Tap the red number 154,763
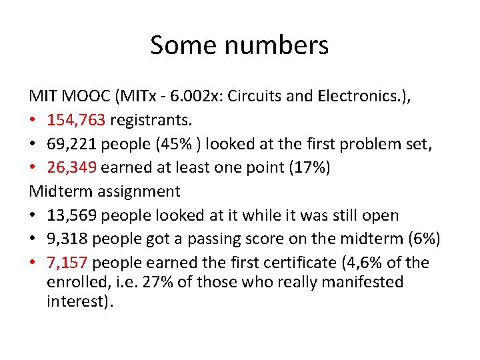point(76,121)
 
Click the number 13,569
point(71,215)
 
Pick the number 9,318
point(66,239)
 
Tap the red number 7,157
point(66,263)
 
